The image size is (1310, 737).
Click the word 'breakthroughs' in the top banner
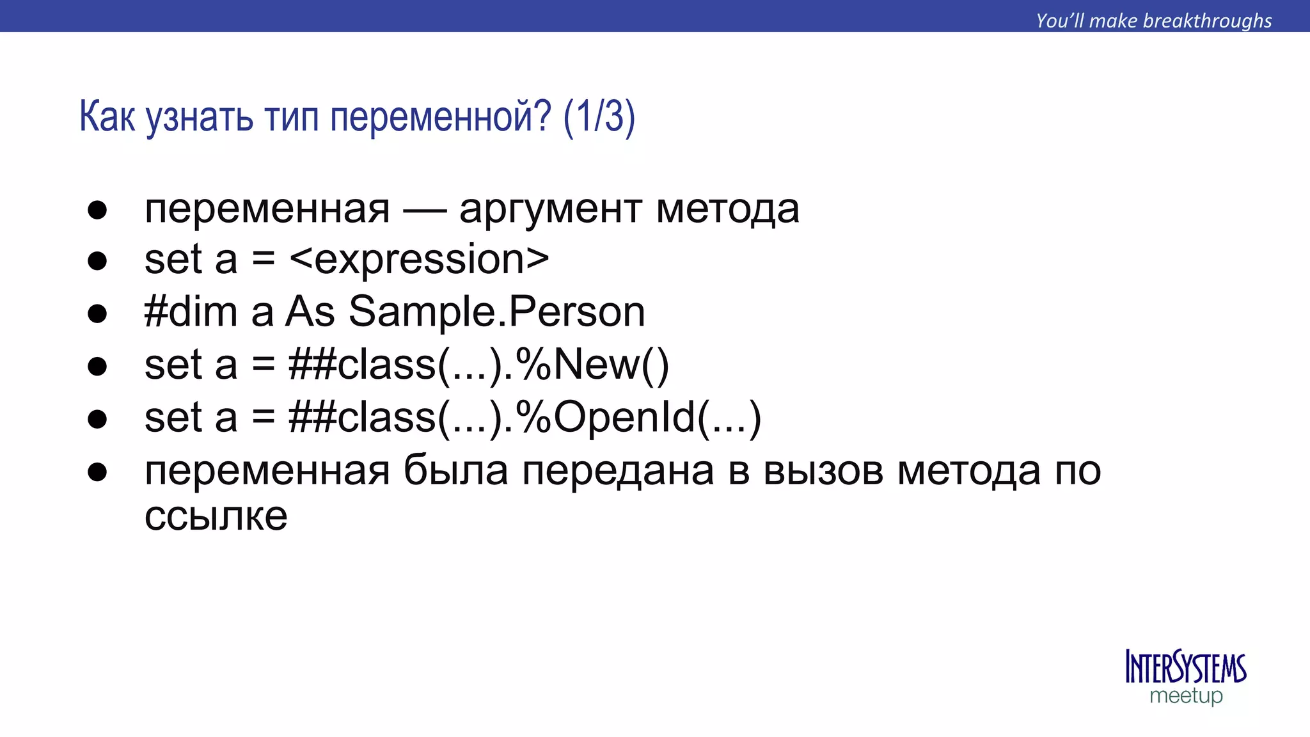(x=1207, y=20)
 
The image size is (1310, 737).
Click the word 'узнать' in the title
(x=200, y=118)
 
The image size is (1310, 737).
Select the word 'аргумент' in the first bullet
(x=551, y=210)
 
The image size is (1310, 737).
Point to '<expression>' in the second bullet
(x=419, y=260)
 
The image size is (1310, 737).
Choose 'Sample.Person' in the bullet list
(x=496, y=312)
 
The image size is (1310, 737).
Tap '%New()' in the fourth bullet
(x=592, y=365)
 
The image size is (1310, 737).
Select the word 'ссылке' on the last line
(x=216, y=516)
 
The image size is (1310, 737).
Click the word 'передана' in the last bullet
(x=618, y=471)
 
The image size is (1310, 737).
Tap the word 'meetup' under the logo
(x=1186, y=695)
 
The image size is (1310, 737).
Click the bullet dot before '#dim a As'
(x=97, y=313)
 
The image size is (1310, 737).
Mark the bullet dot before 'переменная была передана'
(x=97, y=472)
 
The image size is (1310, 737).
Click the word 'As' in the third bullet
(x=310, y=312)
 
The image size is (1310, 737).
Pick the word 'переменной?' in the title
(x=440, y=118)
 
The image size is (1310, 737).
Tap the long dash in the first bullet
(x=424, y=210)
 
